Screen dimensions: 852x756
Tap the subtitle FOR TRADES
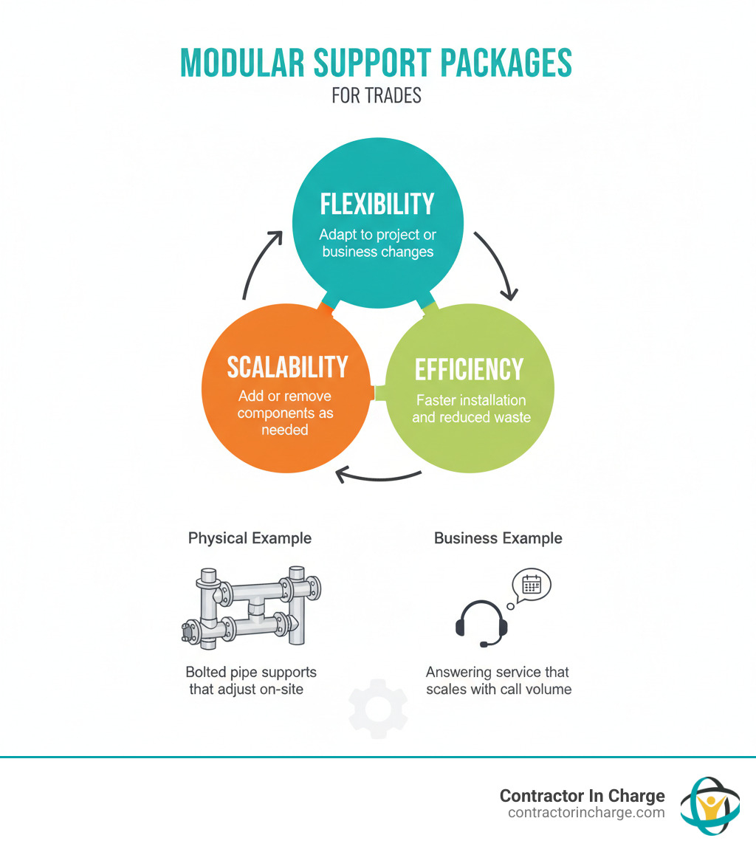coord(377,96)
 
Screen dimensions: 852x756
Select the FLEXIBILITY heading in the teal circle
coord(377,205)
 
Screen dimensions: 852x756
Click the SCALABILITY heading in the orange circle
coord(287,367)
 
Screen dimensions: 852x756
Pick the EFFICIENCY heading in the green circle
coord(469,369)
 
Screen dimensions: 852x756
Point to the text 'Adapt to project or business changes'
coord(378,243)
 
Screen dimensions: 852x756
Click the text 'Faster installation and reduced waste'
coord(471,408)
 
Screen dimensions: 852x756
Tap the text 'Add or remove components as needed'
coord(285,413)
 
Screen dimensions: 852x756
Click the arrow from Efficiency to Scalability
coord(378,476)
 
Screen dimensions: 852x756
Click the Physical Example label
coord(250,538)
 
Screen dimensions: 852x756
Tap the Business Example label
coord(498,538)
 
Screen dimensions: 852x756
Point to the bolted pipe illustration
coord(250,608)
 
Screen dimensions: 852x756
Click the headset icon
coord(481,622)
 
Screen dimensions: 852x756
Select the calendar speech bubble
coord(532,585)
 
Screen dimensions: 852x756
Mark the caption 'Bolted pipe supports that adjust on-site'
coord(251,681)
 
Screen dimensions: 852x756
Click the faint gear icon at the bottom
coord(378,710)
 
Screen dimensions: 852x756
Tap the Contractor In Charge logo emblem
coord(709,805)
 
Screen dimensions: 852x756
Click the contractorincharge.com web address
coord(586,813)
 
